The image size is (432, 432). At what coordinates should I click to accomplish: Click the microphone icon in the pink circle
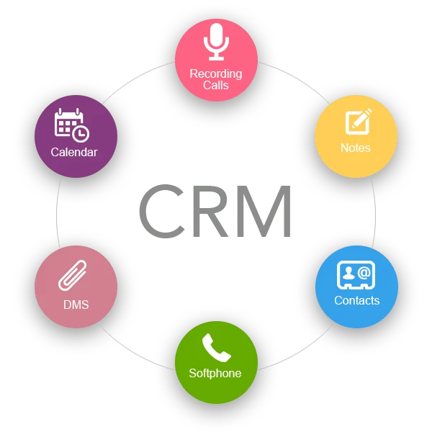point(216,42)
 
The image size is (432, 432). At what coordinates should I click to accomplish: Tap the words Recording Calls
point(216,79)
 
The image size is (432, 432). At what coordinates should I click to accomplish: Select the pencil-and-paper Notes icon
point(357,121)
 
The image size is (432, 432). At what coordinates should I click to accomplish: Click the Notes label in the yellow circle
point(356,148)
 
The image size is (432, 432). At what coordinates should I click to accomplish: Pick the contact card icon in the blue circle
point(356,275)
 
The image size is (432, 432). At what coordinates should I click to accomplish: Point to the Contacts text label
point(356,300)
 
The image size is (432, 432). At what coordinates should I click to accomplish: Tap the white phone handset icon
point(215,348)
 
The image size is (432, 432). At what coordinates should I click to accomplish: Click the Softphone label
point(215,373)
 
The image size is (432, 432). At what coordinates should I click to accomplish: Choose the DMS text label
point(75,305)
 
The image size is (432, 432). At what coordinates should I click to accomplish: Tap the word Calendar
point(73,152)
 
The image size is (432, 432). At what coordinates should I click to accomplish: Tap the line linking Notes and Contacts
point(375,215)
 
